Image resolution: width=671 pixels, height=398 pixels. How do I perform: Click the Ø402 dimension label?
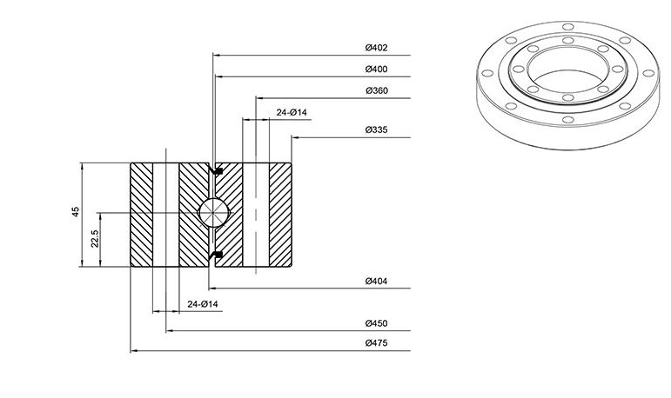click(x=376, y=48)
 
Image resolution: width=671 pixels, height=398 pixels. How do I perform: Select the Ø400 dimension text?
click(x=376, y=69)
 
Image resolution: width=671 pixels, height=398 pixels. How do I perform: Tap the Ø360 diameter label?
click(x=377, y=90)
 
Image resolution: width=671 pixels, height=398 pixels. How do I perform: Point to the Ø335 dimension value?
click(x=376, y=129)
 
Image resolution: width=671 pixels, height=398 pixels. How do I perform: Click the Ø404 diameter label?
click(x=376, y=281)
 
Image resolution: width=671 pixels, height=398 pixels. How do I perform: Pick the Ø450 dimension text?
click(x=376, y=323)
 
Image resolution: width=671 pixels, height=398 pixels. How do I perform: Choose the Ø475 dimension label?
click(x=376, y=343)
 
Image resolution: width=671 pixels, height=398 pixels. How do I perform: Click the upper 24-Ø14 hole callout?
click(x=292, y=112)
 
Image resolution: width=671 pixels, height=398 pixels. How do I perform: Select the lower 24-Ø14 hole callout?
click(x=203, y=304)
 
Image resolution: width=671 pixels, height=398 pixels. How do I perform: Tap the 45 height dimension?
click(x=76, y=212)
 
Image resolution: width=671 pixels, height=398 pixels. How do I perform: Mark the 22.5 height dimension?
click(x=95, y=239)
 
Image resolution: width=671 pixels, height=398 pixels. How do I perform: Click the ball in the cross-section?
click(x=214, y=212)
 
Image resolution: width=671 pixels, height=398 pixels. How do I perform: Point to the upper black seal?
click(x=217, y=171)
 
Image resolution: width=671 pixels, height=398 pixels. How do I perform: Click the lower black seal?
click(x=217, y=255)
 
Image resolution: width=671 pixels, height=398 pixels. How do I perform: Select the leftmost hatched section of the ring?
click(x=141, y=215)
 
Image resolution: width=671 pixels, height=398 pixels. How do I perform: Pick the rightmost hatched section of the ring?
click(x=281, y=215)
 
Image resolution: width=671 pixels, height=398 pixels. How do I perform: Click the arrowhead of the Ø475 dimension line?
click(x=133, y=350)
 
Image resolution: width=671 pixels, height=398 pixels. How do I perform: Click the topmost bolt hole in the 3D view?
click(x=567, y=27)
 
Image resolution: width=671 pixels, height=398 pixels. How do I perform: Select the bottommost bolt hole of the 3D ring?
click(x=567, y=120)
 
